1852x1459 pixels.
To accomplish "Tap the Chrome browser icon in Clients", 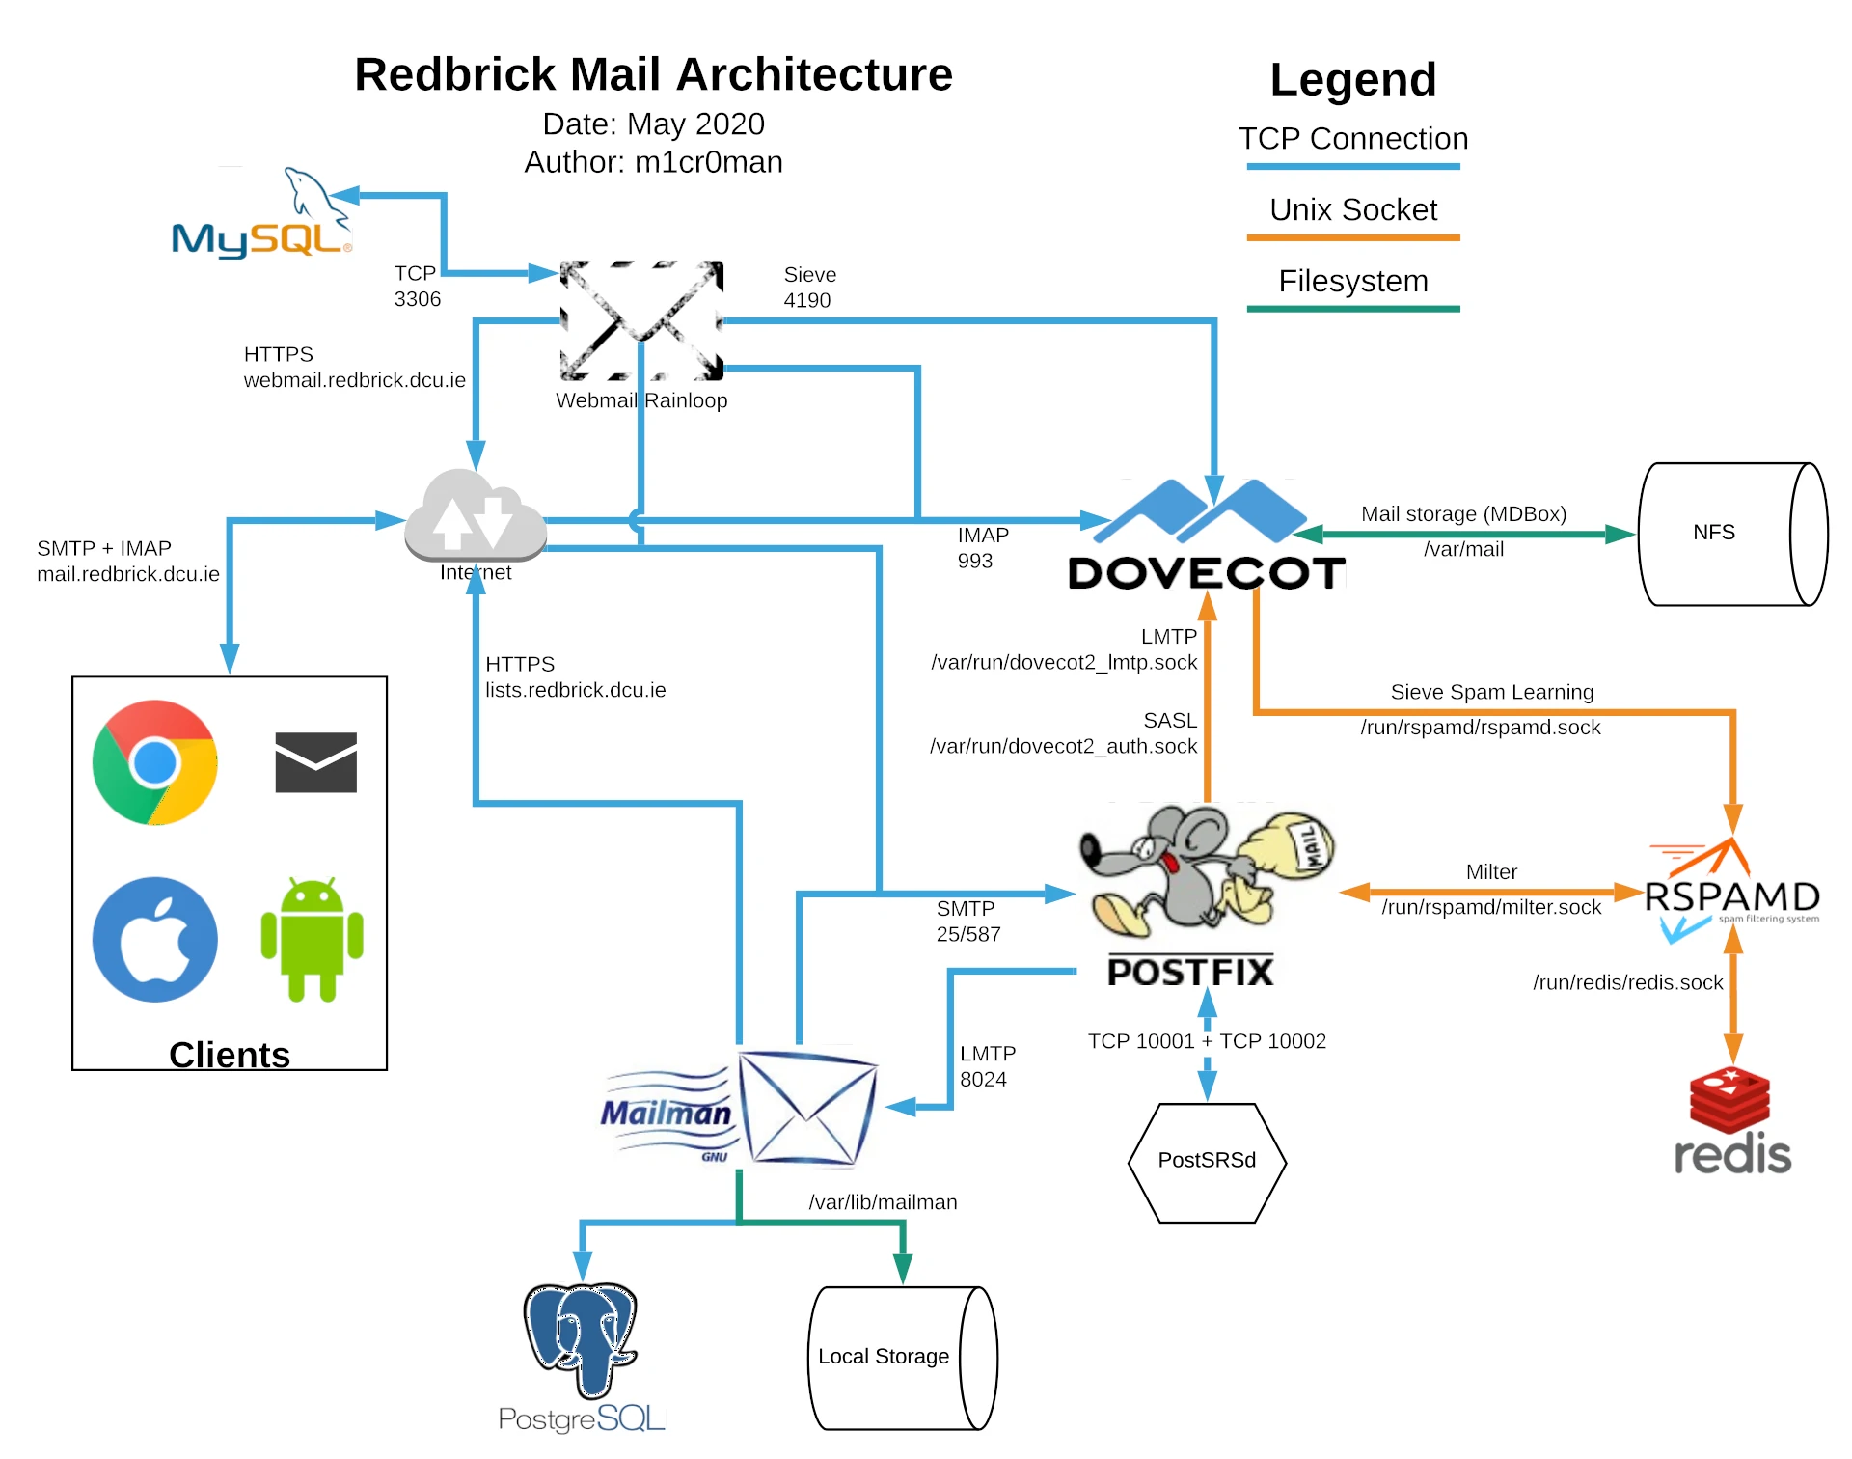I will [154, 762].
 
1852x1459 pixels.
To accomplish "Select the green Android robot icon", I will [312, 939].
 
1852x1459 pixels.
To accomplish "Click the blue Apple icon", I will [154, 939].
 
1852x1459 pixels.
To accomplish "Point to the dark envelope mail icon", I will [315, 762].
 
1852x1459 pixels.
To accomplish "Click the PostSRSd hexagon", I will [1207, 1162].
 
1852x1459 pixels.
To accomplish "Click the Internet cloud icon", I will [476, 516].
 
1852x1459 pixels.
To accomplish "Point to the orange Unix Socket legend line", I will [1352, 237].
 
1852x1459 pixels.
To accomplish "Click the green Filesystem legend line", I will [1352, 309].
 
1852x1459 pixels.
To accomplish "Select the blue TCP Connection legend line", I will [1352, 166].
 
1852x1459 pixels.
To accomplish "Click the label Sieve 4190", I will [808, 288].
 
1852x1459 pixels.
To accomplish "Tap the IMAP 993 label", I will [982, 548].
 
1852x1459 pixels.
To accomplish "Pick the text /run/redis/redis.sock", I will [1627, 982].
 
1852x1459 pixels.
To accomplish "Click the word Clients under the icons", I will [230, 1055].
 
